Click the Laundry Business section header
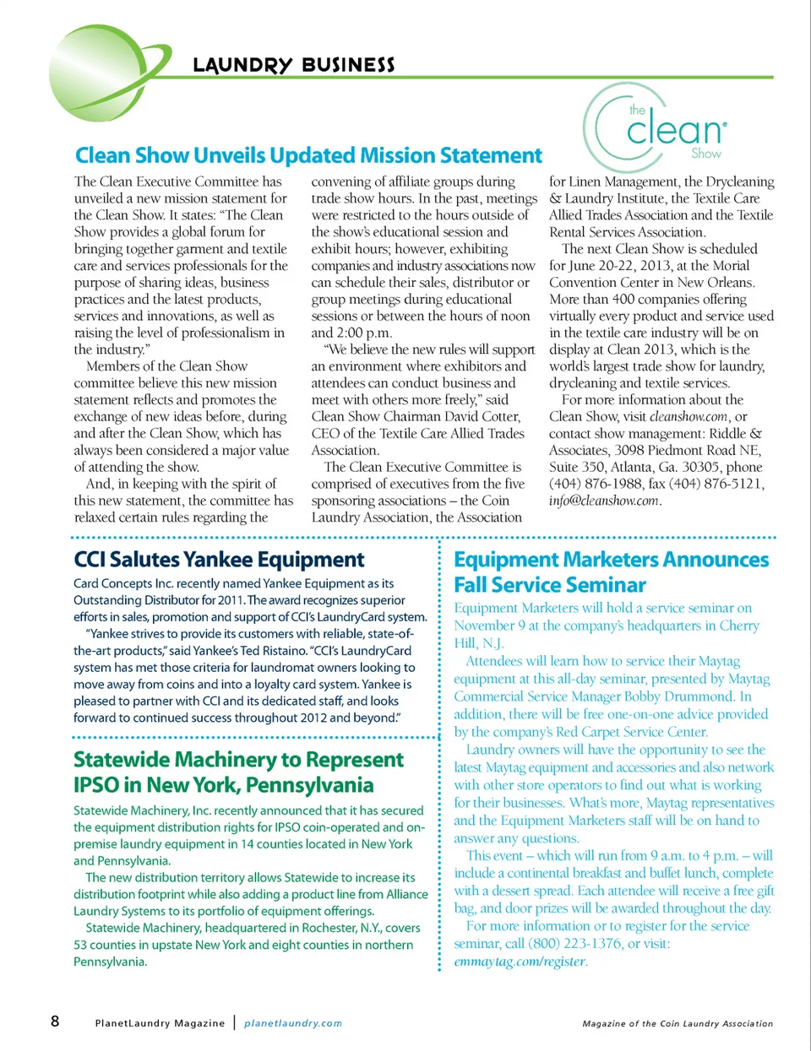(293, 65)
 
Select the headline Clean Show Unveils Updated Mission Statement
(308, 155)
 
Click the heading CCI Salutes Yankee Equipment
(219, 560)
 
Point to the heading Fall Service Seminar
(550, 585)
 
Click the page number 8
(55, 1021)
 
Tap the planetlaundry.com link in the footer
(293, 1023)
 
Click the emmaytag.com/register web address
(520, 962)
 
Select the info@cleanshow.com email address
(603, 501)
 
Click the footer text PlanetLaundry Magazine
(160, 1023)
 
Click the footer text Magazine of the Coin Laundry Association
(678, 1024)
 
